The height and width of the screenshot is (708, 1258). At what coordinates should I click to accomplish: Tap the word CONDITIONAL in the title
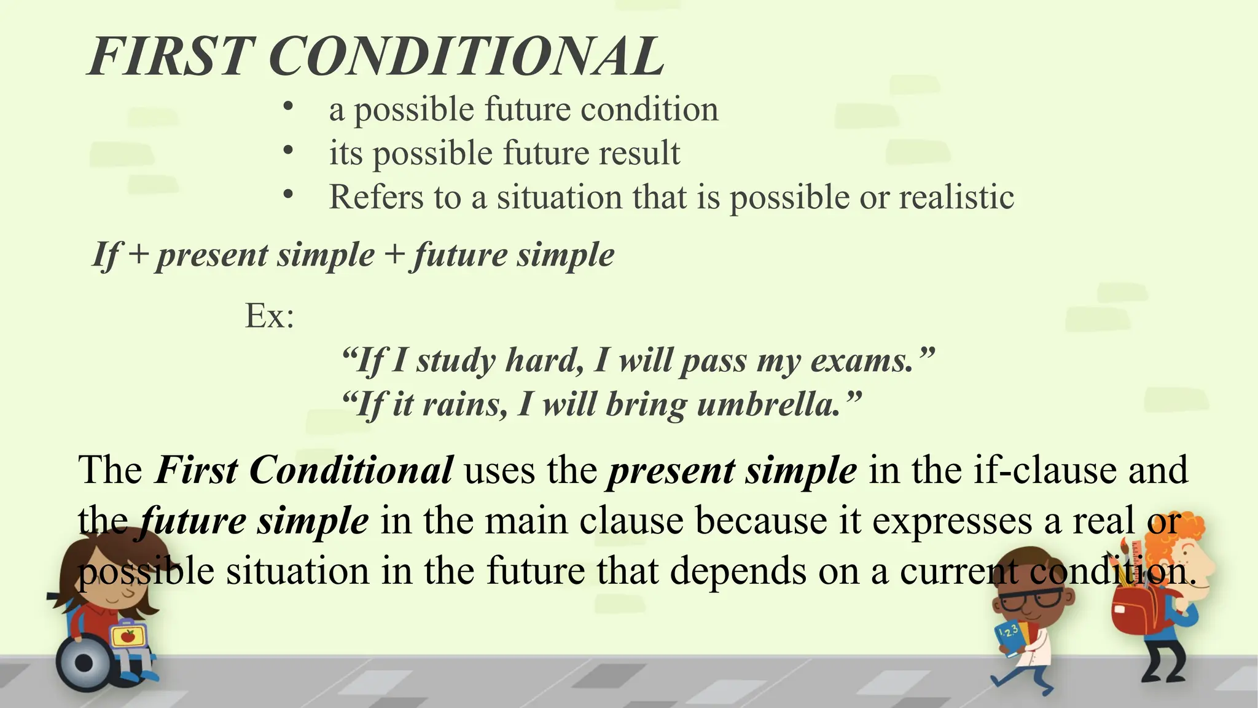point(466,57)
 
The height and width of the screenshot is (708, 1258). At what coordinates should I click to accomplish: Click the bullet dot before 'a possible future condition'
point(287,106)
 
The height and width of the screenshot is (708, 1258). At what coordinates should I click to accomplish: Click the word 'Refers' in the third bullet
point(376,197)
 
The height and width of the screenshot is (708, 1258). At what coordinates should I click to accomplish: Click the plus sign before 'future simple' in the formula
point(394,254)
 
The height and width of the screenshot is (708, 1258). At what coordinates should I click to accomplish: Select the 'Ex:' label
point(269,316)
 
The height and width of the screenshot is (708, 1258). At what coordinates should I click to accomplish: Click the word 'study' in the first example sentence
point(455,361)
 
